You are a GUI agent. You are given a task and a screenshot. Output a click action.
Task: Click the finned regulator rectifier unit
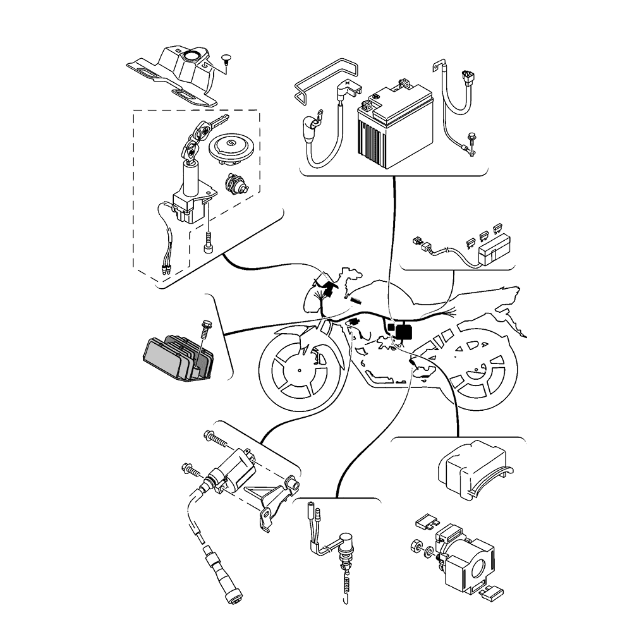click(x=173, y=360)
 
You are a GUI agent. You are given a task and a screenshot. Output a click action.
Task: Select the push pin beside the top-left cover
click(x=227, y=61)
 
